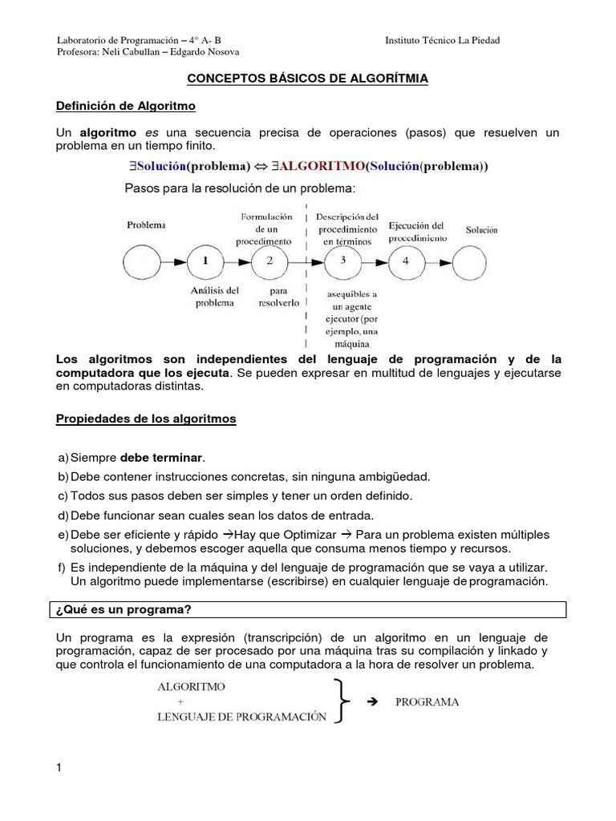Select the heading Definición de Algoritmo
(125, 106)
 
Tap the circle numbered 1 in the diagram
(206, 261)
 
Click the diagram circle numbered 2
(269, 261)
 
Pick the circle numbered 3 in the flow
(342, 261)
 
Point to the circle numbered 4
(406, 261)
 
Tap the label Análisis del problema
(215, 297)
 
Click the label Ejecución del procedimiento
(416, 232)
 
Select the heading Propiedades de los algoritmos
(145, 419)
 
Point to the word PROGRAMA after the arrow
(427, 702)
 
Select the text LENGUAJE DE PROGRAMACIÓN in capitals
(241, 717)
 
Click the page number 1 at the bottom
(59, 769)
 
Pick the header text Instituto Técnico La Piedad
(442, 41)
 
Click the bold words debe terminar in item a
(162, 458)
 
